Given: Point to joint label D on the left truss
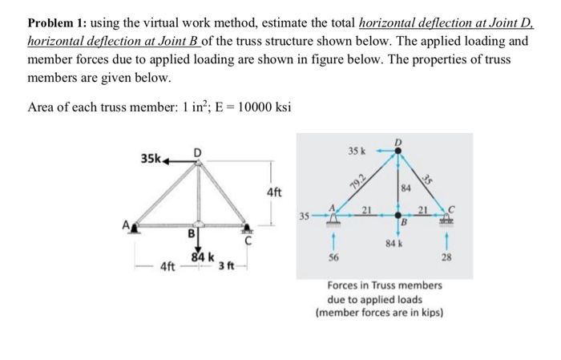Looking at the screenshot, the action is point(196,152).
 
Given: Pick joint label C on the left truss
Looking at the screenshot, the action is point(248,239).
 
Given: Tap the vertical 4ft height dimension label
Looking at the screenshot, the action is point(274,192).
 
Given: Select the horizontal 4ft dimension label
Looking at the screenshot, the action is point(168,265).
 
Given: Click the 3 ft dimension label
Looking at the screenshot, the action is point(226,265).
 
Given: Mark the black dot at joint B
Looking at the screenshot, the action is point(398,215).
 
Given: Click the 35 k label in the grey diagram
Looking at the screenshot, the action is point(356,151).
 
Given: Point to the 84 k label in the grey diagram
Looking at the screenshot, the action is point(393,241).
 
